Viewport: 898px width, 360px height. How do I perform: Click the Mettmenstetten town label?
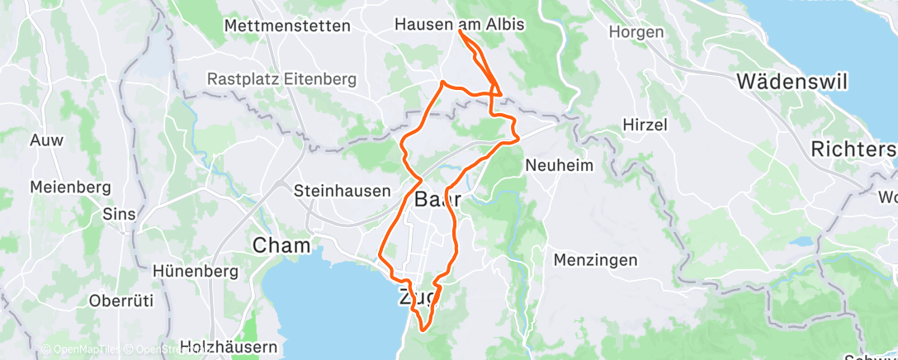pyautogui.click(x=287, y=26)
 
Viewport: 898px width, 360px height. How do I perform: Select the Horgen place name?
pyautogui.click(x=636, y=32)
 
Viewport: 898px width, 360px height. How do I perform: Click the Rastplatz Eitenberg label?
pyautogui.click(x=281, y=80)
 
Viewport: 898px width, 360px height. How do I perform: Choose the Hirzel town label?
pyautogui.click(x=644, y=124)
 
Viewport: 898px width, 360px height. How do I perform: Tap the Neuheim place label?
pyautogui.click(x=559, y=165)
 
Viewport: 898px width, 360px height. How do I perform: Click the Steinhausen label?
pyautogui.click(x=342, y=191)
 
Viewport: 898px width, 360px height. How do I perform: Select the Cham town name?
pyautogui.click(x=281, y=245)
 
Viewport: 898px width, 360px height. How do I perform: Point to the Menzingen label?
pyautogui.click(x=595, y=260)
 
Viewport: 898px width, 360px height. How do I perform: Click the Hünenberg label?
pyautogui.click(x=196, y=271)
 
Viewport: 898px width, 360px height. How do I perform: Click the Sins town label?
pyautogui.click(x=118, y=214)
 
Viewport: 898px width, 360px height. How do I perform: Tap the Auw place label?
pyautogui.click(x=46, y=140)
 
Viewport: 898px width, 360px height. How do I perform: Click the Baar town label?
pyautogui.click(x=437, y=199)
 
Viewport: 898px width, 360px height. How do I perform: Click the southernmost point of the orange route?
pyautogui.click(x=423, y=329)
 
